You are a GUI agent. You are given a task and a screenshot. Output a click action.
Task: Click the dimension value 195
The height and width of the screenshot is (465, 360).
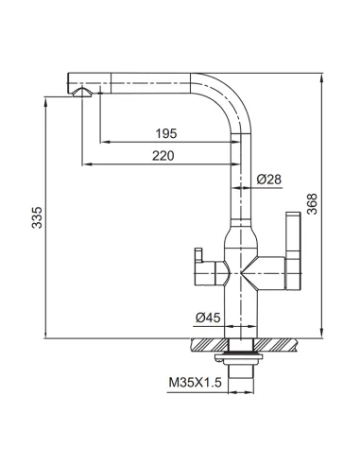point(166,133)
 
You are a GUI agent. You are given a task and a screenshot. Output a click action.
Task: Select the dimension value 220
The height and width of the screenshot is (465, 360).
point(163,156)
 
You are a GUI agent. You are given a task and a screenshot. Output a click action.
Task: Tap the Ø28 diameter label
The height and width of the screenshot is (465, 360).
point(268,180)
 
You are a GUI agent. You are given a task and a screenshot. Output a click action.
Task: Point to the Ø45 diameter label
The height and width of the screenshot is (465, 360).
point(208,318)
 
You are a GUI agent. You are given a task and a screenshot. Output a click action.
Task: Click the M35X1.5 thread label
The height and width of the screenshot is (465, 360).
point(196,383)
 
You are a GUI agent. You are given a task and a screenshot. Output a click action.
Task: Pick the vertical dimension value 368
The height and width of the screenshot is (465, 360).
point(312,204)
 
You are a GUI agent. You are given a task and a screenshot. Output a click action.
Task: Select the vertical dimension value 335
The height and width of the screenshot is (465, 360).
point(37,217)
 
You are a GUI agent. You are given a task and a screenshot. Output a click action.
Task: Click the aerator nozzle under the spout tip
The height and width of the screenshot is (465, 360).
point(82,92)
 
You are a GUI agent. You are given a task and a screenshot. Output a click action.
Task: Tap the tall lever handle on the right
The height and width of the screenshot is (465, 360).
point(293,251)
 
